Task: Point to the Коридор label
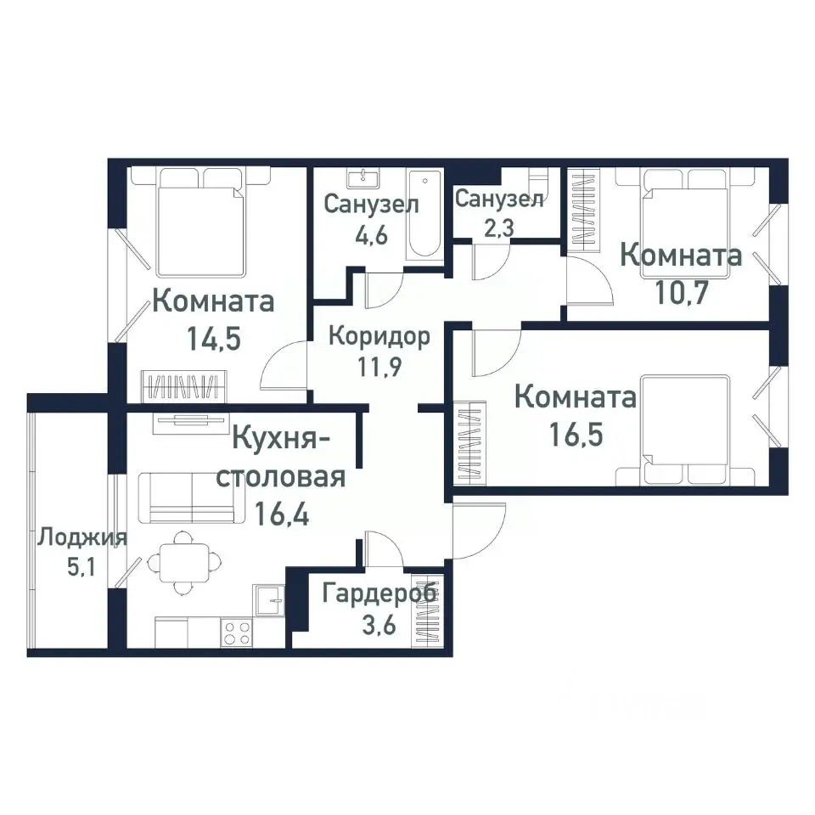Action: coord(379,335)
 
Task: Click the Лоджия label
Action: coord(81,537)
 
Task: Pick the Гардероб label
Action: coord(379,593)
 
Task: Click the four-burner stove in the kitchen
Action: coord(236,632)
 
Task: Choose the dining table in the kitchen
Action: coord(181,561)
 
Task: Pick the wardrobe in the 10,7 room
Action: coord(583,209)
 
